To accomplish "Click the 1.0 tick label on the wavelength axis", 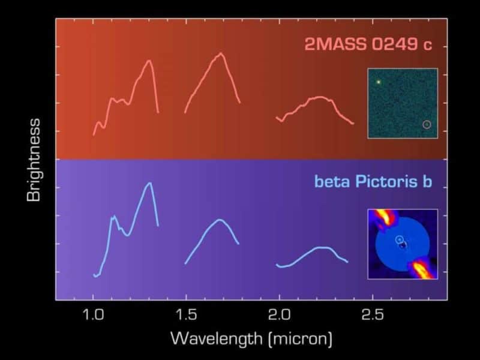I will [x=94, y=314].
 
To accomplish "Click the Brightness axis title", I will [x=34, y=160].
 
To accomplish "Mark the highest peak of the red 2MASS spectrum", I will [x=221, y=53].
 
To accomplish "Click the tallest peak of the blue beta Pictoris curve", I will [x=149, y=183].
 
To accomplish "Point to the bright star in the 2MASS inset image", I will [x=379, y=82].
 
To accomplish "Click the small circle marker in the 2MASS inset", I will [x=427, y=125].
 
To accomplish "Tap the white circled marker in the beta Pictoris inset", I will [x=399, y=240].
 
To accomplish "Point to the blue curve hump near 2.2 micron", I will [x=321, y=247].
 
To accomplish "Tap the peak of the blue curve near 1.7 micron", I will [x=221, y=220].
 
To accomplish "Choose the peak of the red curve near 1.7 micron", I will [x=221, y=53].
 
